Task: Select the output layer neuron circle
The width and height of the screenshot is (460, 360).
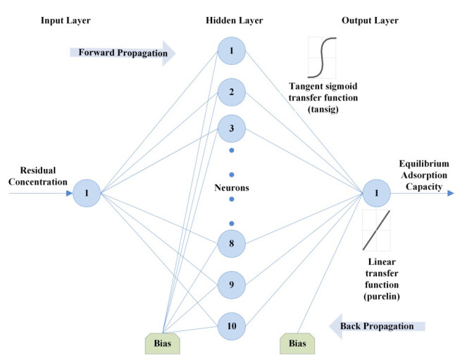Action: click(x=377, y=192)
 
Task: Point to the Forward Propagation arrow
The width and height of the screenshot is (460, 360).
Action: click(x=122, y=51)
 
